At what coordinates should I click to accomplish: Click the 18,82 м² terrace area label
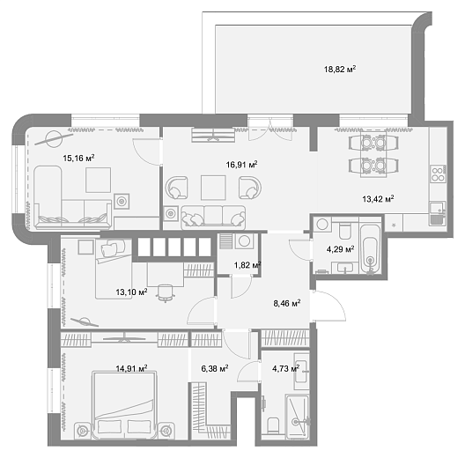pos(340,70)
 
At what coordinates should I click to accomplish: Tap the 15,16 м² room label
pos(78,158)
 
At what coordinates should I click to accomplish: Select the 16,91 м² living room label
pos(241,164)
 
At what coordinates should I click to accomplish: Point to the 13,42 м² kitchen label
pos(378,198)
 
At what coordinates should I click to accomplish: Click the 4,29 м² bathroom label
pos(341,249)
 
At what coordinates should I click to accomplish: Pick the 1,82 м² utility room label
pos(247,265)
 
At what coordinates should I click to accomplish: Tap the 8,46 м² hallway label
pos(287,303)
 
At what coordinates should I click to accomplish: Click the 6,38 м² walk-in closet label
pos(215,368)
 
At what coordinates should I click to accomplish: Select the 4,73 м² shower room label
pos(286,368)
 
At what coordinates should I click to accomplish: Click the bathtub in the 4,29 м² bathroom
pos(370,248)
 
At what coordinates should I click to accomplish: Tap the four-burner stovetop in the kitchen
pos(439,174)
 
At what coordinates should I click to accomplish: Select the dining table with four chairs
pos(373,155)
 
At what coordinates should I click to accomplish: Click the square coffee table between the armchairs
pos(213,188)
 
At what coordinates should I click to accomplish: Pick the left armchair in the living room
pos(177,188)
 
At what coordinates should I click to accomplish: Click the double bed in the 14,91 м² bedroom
pos(124,404)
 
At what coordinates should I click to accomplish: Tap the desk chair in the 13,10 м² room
pos(166,292)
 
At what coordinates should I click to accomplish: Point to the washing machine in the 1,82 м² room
pos(244,240)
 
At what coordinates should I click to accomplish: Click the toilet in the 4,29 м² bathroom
pos(345,231)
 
